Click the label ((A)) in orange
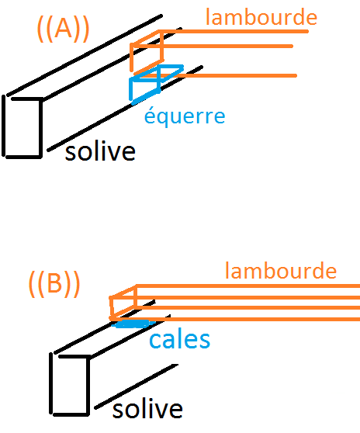[63, 29]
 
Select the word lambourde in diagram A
[261, 17]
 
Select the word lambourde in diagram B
[281, 271]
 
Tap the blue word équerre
[185, 116]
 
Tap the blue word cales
[179, 340]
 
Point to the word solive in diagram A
[100, 151]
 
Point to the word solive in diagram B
[147, 409]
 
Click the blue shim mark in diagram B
[133, 324]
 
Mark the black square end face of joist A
[22, 127]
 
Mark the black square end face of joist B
[70, 385]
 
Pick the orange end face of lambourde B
[123, 303]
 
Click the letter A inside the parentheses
[63, 29]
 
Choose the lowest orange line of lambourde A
[216, 75]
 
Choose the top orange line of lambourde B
[248, 286]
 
